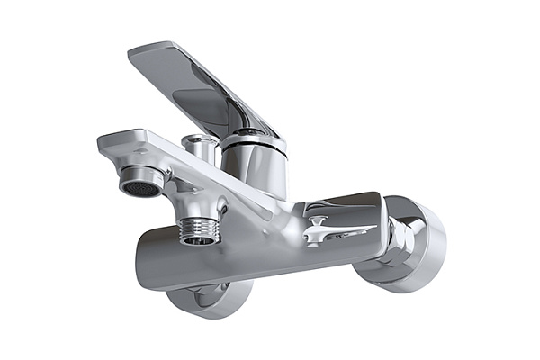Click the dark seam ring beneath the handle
coord(254,139)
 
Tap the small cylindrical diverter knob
coord(199,149)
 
